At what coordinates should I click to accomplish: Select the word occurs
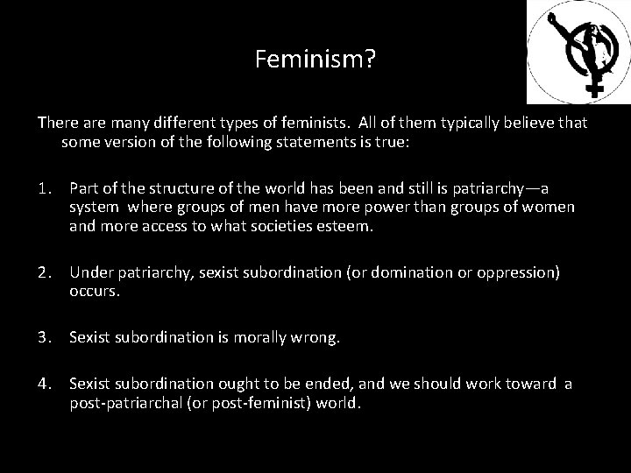click(94, 292)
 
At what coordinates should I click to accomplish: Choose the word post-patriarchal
click(129, 404)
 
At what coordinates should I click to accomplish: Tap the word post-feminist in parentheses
click(259, 404)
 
